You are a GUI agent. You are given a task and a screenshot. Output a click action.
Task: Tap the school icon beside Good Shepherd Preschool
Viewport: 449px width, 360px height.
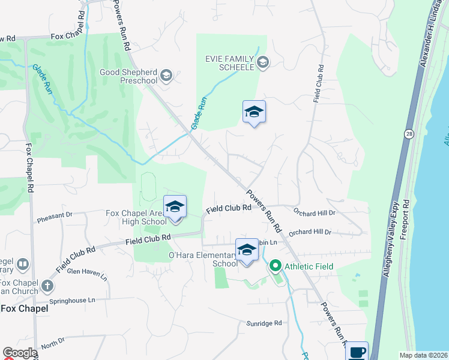coord(166,76)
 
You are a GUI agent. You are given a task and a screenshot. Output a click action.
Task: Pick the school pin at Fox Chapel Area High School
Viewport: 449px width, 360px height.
coord(175,206)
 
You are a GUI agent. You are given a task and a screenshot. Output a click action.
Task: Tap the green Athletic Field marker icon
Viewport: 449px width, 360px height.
coord(276,265)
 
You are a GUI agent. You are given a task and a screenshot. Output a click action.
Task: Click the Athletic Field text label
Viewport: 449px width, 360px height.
coord(309,266)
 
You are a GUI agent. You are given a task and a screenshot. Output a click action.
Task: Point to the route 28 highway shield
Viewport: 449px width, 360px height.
coord(408,133)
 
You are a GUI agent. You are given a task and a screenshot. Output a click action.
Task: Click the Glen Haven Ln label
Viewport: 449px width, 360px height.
coord(87,274)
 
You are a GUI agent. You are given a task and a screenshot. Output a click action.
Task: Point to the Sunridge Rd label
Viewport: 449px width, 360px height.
coord(264,323)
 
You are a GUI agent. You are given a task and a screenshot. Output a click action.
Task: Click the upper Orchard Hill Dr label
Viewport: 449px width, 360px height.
coord(314,212)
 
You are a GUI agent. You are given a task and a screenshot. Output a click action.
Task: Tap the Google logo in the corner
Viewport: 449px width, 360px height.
coord(19,353)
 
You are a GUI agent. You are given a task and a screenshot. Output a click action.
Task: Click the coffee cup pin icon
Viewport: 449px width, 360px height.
coord(357,351)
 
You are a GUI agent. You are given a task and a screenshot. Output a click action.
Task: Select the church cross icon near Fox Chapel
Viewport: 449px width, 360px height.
coord(47,284)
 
